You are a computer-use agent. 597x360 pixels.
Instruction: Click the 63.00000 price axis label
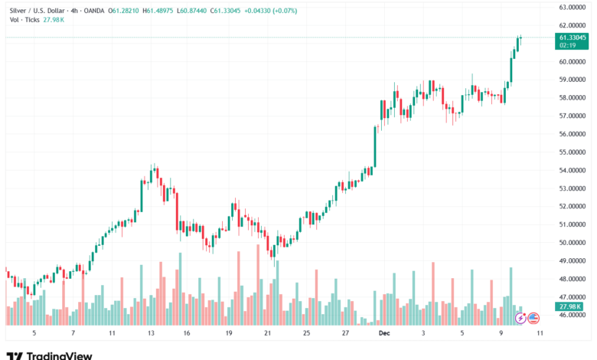[x=573, y=7]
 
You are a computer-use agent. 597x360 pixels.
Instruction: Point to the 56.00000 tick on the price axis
[x=573, y=134]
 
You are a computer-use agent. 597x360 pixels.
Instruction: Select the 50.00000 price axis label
[x=573, y=243]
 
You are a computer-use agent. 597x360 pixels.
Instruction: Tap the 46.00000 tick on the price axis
[x=573, y=315]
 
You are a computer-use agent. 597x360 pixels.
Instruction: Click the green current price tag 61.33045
[x=573, y=37]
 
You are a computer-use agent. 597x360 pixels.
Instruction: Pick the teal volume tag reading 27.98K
[x=571, y=306]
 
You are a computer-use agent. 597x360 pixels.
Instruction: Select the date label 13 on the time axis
[x=152, y=334]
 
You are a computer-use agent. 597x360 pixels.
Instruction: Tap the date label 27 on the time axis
[x=345, y=334]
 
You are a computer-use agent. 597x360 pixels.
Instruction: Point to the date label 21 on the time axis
[x=268, y=334]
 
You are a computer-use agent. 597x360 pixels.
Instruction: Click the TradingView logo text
[x=59, y=355]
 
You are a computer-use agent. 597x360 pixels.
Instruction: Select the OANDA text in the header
[x=93, y=11]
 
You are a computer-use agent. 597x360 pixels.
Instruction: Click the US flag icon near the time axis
[x=533, y=317]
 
